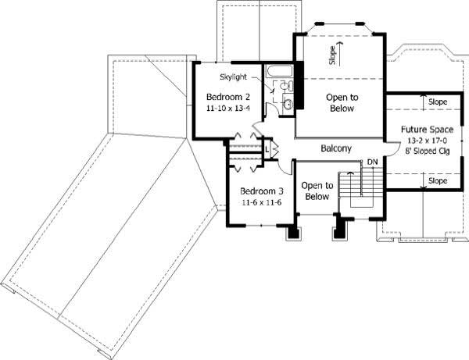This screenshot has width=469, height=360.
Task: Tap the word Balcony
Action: coord(336,148)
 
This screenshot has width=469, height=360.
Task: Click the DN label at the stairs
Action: coord(373,162)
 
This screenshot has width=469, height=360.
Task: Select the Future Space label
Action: coord(425,129)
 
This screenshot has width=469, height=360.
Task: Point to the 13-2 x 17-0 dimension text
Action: coord(425,140)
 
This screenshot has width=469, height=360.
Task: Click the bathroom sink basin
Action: coord(288,102)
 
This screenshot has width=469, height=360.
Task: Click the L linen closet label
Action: coord(267,146)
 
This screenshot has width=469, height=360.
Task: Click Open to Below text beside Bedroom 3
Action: coord(317,191)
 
